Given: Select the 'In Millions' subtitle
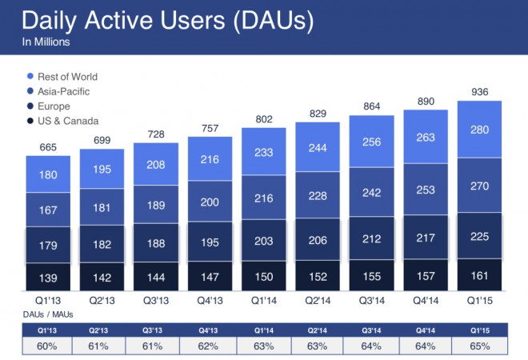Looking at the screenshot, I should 47,42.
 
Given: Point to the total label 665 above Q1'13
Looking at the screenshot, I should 49,146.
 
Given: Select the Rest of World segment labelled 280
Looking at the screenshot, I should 478,130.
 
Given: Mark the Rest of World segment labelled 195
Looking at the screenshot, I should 102,169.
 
